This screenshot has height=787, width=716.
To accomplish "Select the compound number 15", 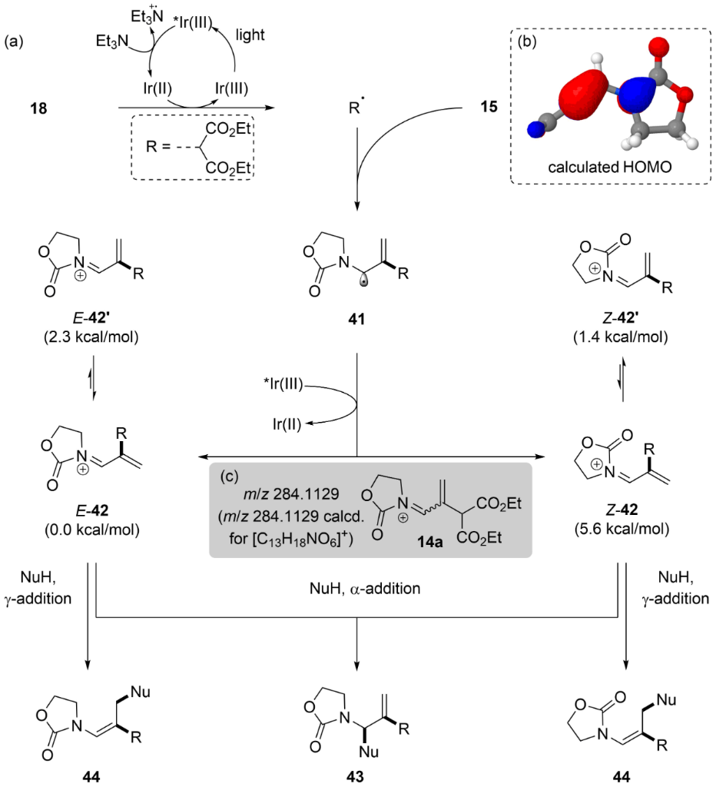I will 485,107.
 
